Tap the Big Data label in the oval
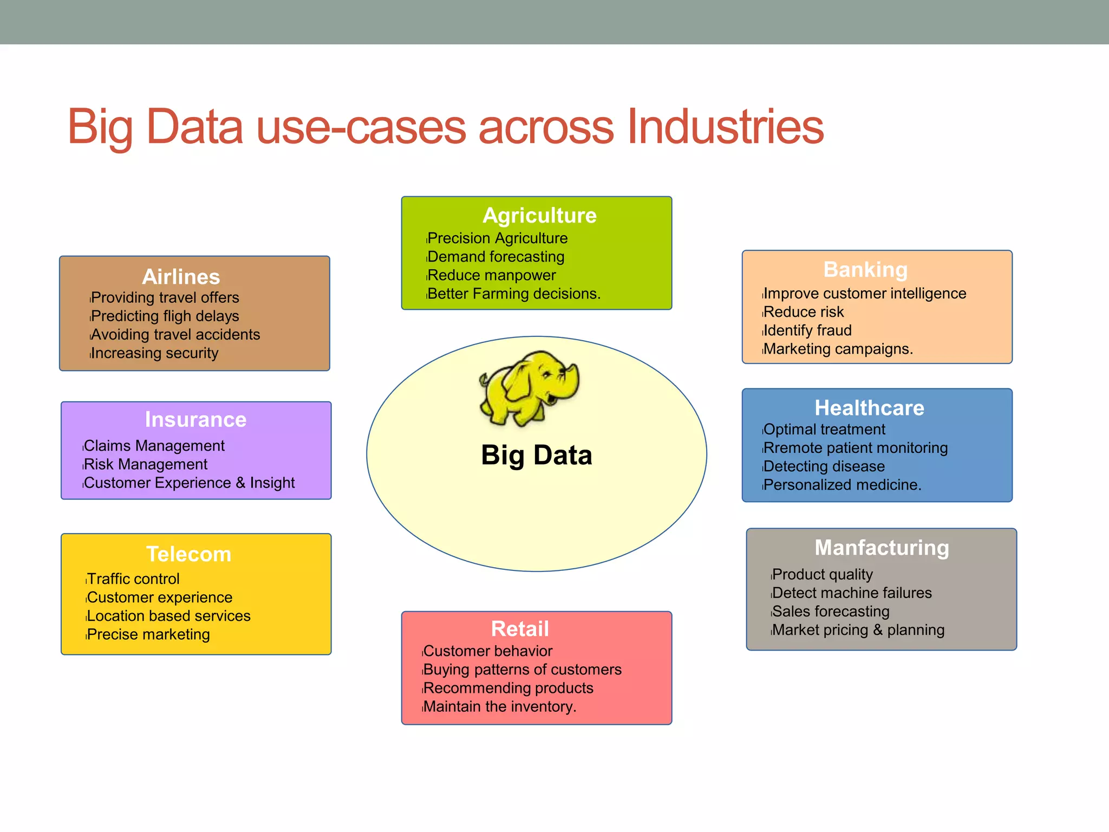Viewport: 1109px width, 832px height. tap(536, 455)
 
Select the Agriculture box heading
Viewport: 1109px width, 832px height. tap(539, 216)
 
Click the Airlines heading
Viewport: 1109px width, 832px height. tap(181, 277)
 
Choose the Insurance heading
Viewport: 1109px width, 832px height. tap(195, 420)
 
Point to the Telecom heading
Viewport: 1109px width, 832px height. tap(189, 554)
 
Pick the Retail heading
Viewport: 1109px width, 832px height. tap(520, 629)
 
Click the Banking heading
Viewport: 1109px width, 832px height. tap(865, 270)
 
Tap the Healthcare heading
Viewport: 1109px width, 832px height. tap(869, 408)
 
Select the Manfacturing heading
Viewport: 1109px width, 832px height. tap(882, 548)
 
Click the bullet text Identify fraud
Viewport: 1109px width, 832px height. tap(807, 330)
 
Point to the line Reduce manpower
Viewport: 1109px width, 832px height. tap(492, 275)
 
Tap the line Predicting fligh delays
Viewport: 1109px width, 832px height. tap(165, 316)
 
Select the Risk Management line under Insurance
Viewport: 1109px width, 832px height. tap(146, 464)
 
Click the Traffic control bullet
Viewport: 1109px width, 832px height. tap(133, 579)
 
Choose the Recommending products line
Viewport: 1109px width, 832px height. tap(508, 688)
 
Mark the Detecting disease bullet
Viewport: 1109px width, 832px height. tap(824, 466)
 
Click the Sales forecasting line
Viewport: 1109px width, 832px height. tap(831, 612)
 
